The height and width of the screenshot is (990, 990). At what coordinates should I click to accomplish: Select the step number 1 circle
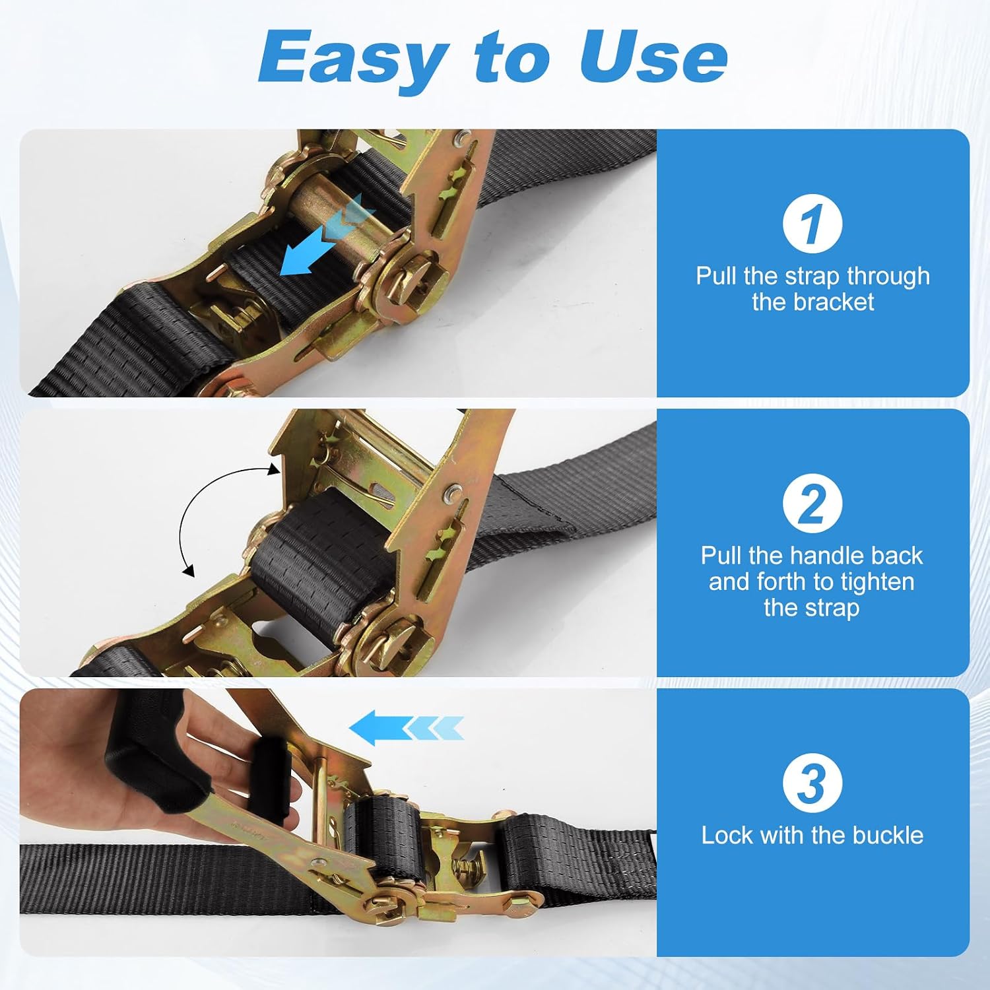(x=812, y=223)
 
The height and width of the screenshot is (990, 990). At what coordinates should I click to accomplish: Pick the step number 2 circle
(x=812, y=503)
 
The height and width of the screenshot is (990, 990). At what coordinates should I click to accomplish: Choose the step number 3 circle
(x=812, y=782)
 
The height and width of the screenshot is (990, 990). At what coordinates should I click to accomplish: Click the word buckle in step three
(x=888, y=836)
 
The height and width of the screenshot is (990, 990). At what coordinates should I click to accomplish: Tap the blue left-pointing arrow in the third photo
(x=406, y=728)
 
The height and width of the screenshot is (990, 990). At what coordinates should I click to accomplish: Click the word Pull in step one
(x=717, y=276)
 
